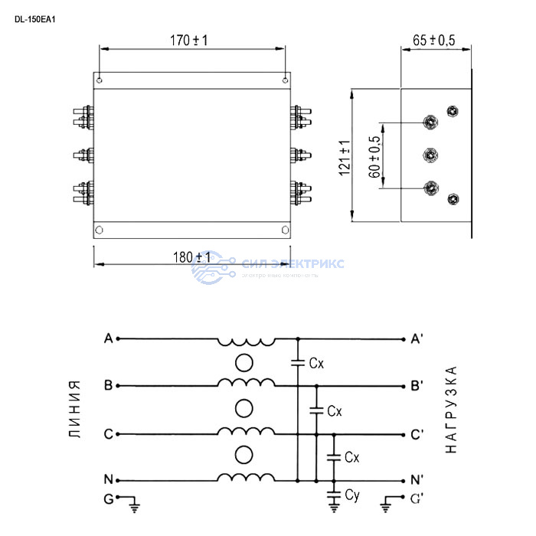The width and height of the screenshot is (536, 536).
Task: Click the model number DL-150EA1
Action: point(35,20)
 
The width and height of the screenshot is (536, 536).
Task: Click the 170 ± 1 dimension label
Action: point(189,40)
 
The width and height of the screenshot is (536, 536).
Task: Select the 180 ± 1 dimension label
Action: point(192,257)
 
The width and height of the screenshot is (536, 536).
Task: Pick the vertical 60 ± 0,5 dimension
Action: point(374,157)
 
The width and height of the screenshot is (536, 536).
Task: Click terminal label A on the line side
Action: point(109,338)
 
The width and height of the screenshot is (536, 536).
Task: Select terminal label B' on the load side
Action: point(417,386)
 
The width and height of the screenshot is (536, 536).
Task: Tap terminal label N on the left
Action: point(109,480)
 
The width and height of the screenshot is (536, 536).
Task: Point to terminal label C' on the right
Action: point(417,434)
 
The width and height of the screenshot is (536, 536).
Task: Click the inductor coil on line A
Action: point(246,341)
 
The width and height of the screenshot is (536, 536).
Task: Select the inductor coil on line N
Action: point(246,477)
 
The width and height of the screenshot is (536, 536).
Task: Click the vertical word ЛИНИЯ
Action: point(74,410)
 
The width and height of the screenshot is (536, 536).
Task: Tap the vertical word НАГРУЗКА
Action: point(451,410)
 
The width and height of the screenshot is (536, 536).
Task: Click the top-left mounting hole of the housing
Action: point(100,77)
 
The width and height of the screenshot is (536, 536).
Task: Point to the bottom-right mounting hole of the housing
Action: point(285,230)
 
